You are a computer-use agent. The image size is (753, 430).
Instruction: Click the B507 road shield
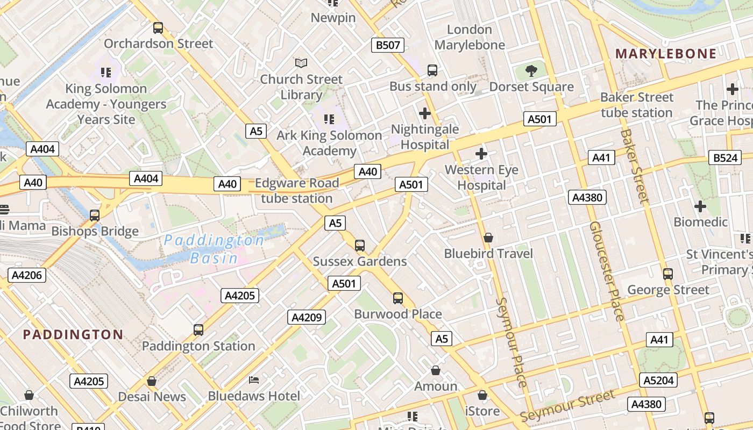pos(388,45)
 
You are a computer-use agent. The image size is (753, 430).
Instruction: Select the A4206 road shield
pos(27,276)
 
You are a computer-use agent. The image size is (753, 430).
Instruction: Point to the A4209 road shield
pos(307,318)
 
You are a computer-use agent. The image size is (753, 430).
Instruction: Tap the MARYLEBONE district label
pos(666,54)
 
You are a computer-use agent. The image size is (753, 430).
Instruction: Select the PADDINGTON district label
pos(73,334)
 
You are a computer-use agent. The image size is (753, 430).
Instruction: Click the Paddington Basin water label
pos(214,249)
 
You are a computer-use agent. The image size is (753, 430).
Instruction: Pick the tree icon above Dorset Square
pos(531,70)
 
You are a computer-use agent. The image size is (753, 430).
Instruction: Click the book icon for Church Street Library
pos(301,63)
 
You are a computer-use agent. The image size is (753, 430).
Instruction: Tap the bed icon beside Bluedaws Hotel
pos(254,381)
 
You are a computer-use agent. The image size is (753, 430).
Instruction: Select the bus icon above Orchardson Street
pos(158,27)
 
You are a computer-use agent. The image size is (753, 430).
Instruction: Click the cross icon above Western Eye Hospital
pos(481,154)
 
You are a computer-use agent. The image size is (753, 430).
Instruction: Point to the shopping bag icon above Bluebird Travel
pos(488,238)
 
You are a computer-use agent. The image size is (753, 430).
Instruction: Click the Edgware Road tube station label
pos(297,191)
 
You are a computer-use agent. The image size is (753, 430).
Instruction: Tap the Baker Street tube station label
pos(637,105)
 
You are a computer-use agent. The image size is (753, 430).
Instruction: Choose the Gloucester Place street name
pos(607,271)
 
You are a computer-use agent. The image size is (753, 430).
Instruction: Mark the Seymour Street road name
pos(567,406)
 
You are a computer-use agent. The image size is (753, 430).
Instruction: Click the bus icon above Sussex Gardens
pos(360,246)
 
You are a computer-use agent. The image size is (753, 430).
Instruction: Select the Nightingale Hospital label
pos(425,137)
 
